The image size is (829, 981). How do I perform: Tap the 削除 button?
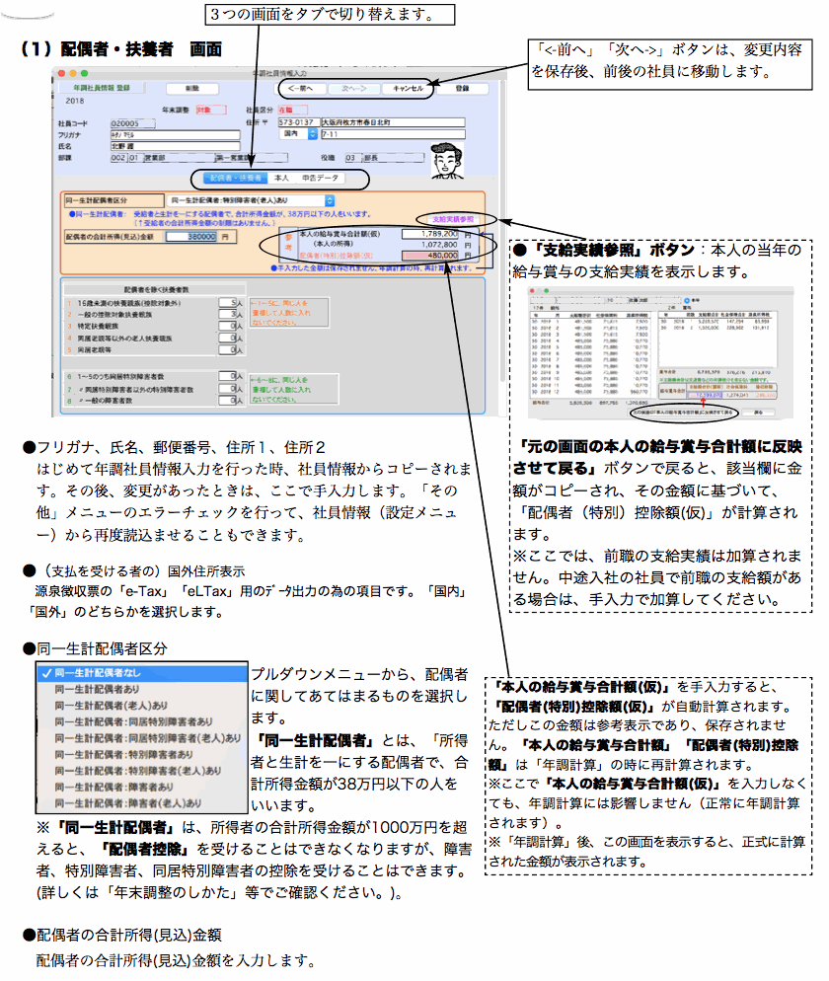click(191, 88)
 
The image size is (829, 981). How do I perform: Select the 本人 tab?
click(281, 179)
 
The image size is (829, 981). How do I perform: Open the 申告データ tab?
click(320, 179)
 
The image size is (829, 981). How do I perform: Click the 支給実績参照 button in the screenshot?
click(453, 218)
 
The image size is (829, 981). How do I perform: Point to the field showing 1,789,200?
click(435, 234)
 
